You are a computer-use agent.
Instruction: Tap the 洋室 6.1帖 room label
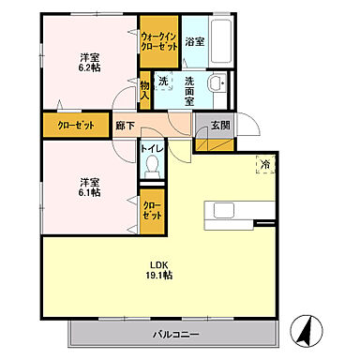[90, 186]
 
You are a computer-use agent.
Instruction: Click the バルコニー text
[175, 334]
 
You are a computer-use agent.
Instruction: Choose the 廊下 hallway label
[124, 124]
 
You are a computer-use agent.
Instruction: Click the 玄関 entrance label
[218, 123]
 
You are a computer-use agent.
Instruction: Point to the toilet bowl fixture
[151, 165]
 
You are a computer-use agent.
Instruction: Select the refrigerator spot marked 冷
[266, 165]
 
